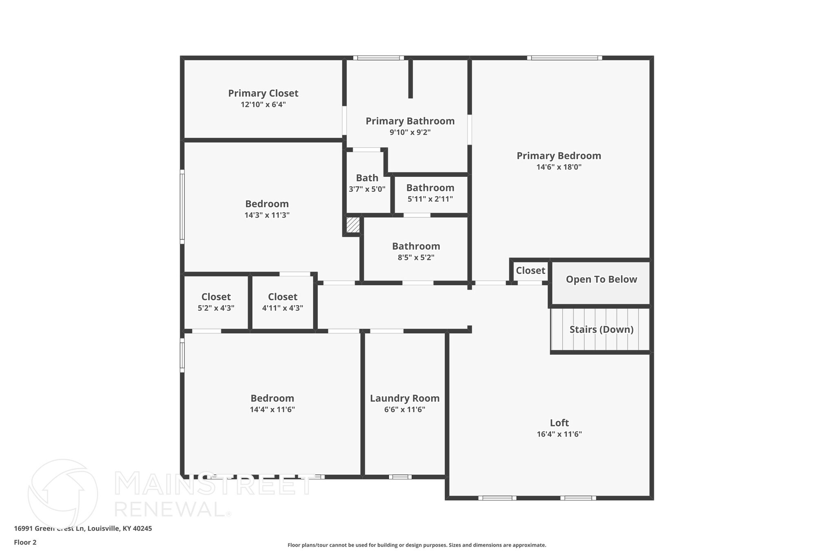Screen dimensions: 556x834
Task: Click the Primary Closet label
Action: tap(263, 93)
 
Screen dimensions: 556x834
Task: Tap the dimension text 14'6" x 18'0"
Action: tap(559, 167)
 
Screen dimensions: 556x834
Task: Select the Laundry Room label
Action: tap(404, 398)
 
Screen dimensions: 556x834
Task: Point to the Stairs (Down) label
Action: tap(601, 330)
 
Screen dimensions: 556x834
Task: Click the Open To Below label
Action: tap(601, 279)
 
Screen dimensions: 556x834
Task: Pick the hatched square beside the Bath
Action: tap(353, 225)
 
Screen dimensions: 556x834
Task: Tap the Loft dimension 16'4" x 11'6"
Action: tap(559, 434)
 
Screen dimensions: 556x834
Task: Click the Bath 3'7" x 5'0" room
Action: tap(367, 183)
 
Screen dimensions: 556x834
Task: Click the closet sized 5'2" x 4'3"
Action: tap(216, 302)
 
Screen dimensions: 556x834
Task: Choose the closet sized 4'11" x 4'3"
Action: tap(283, 302)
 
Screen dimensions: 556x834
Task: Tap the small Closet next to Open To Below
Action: tap(530, 271)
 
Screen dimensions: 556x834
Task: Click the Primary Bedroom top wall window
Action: tap(564, 58)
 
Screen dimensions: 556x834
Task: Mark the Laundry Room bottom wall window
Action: tap(400, 477)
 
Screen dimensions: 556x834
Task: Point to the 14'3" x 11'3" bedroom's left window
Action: tap(182, 207)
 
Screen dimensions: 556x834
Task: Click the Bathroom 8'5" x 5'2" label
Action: tap(416, 246)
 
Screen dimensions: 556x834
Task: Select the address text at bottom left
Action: tap(83, 529)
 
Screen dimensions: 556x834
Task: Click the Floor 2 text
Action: tap(25, 543)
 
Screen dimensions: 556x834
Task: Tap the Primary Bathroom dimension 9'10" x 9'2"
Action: tap(410, 132)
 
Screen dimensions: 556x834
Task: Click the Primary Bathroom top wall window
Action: tap(378, 58)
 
